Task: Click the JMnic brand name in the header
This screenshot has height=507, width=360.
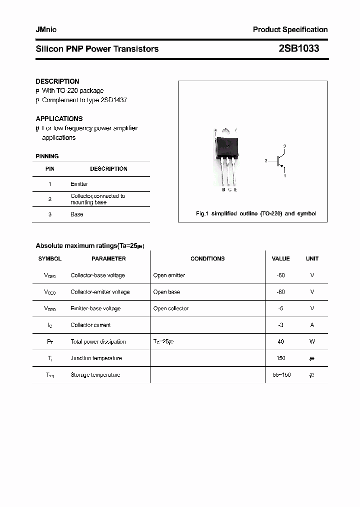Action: coord(46,30)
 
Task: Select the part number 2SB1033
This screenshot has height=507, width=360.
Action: coord(298,49)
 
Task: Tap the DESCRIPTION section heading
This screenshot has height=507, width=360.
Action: coord(57,81)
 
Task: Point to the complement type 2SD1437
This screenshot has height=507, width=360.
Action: coord(113,100)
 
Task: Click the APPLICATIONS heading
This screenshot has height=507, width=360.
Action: coord(59,119)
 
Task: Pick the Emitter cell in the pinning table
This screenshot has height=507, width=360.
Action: coord(79,184)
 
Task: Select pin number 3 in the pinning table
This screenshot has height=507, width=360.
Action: coord(50,214)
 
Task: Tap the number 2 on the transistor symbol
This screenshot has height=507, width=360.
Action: coord(284,146)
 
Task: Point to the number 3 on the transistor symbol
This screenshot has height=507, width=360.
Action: coord(266,161)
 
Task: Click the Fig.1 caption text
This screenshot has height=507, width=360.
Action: coord(255,213)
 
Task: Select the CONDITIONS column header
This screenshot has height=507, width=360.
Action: coord(207,259)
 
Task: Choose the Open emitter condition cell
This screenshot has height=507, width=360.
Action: coord(169,275)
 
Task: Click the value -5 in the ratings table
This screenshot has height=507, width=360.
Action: coord(280,308)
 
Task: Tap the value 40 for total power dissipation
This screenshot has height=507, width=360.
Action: coord(280,341)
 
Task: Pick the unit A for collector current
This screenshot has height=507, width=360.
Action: coord(312,325)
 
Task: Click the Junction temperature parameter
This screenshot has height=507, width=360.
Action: coord(96,358)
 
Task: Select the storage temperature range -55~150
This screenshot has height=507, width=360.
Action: coord(280,374)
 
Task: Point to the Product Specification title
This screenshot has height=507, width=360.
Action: coord(290,30)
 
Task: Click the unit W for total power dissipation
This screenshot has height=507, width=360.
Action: coord(312,341)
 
